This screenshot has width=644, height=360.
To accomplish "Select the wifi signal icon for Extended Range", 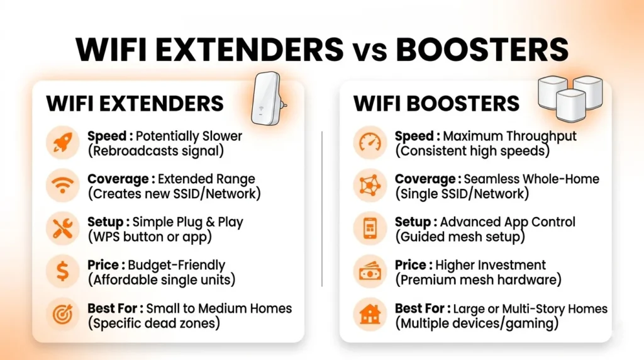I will [63, 186].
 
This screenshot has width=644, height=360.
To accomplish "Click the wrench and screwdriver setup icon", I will [63, 229].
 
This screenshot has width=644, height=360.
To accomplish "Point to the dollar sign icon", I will [63, 272].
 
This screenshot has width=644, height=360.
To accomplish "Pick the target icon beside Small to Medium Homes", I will [63, 315].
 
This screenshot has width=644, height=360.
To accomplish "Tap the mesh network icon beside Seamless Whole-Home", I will [370, 186].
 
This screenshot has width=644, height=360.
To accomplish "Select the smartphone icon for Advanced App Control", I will [370, 229].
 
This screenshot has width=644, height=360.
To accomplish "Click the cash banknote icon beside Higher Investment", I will [370, 272].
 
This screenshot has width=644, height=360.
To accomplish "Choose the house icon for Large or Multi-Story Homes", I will [370, 315].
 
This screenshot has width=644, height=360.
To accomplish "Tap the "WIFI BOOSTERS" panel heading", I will [436, 104].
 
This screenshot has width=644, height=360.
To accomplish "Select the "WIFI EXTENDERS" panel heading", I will [135, 104].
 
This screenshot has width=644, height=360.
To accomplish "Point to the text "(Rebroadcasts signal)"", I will [155, 151].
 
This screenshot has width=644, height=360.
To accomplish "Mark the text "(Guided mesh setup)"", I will [459, 237].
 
